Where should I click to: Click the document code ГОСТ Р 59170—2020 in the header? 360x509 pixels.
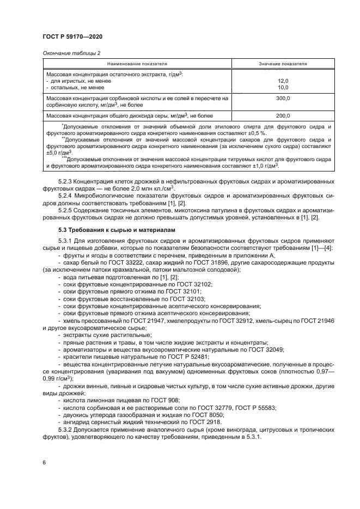pos(72,35)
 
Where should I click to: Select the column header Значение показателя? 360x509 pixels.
pos(283,64)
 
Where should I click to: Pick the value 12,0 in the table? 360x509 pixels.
pos(283,80)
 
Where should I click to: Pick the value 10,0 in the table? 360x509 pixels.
pos(283,87)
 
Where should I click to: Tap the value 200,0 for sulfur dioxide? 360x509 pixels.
pos(283,115)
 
